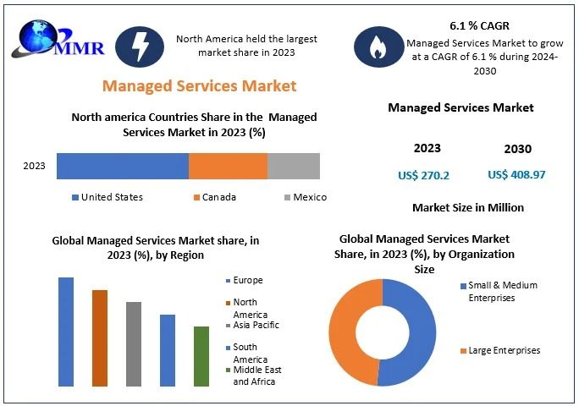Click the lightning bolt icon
(139, 47)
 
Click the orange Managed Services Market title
(199, 85)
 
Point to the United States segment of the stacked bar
(123, 166)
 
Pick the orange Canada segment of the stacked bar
(228, 166)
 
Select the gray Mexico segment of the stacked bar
(294, 166)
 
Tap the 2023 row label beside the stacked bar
(34, 166)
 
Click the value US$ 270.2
(423, 175)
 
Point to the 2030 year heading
(517, 149)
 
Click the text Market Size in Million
(467, 207)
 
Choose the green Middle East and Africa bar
(201, 356)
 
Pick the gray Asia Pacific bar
(134, 343)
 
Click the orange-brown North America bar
(100, 337)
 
